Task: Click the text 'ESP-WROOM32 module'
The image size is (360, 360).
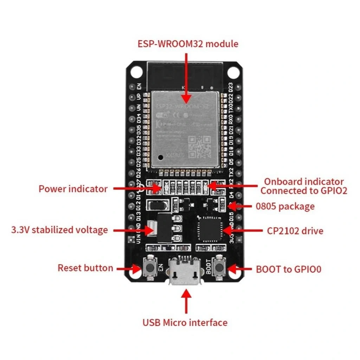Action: [188, 44]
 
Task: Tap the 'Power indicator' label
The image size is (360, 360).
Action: [73, 189]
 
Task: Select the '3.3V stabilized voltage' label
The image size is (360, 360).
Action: [59, 230]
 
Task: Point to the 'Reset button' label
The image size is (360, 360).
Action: [85, 268]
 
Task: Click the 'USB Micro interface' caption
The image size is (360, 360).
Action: [185, 322]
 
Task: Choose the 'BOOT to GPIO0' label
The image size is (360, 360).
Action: [289, 270]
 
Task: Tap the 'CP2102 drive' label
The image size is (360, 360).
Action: [295, 231]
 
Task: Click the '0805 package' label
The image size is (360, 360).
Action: [285, 206]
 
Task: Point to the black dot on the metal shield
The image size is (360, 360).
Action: [161, 157]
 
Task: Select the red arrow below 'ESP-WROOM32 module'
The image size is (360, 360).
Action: [186, 77]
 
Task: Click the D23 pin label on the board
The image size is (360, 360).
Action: [231, 86]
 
